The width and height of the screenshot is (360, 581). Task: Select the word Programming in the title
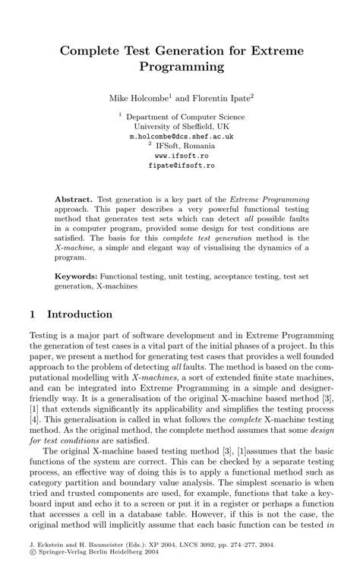[180, 67]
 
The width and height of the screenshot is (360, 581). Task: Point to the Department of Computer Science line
[184, 117]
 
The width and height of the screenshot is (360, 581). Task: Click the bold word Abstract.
[74, 197]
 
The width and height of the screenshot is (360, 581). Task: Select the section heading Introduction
[80, 314]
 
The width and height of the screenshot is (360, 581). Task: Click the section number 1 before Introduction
[32, 314]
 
